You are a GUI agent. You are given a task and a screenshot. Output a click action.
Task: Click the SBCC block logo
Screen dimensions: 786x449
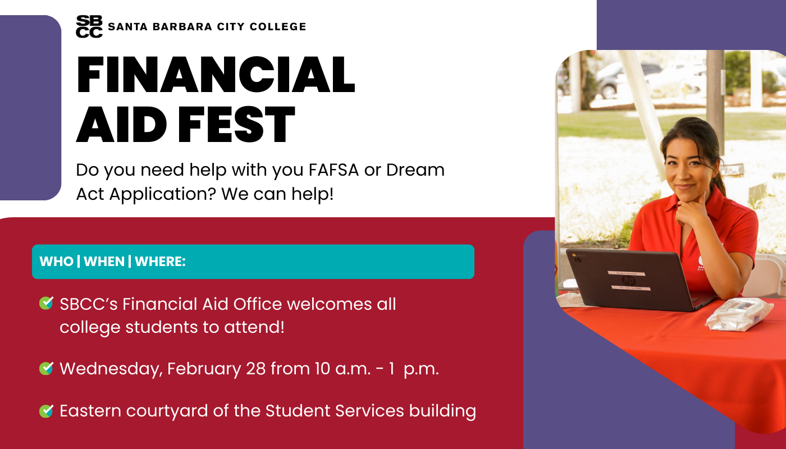[x=89, y=26]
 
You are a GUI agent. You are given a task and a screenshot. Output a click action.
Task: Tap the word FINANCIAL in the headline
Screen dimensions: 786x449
[x=216, y=75]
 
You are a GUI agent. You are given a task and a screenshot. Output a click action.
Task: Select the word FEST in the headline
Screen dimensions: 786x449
[x=236, y=125]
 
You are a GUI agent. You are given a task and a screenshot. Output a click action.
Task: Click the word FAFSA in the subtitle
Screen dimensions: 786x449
[x=333, y=169]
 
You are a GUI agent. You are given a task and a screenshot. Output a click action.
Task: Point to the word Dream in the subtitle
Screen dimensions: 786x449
[x=415, y=169]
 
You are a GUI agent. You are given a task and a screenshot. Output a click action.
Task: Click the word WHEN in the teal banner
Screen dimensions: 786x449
[x=104, y=262]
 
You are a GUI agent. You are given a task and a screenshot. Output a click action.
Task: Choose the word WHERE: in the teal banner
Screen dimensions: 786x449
[x=160, y=262]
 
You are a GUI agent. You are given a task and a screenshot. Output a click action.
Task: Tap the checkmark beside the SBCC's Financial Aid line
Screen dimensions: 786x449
[x=46, y=303]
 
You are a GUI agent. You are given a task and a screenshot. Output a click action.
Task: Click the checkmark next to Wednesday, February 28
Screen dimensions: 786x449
[x=46, y=368]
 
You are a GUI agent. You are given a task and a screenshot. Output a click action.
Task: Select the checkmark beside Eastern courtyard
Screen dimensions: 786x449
[x=46, y=411]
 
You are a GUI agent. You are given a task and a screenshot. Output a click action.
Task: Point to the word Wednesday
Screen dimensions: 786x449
[x=111, y=369]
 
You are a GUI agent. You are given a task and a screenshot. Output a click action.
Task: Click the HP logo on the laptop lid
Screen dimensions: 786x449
[x=628, y=280]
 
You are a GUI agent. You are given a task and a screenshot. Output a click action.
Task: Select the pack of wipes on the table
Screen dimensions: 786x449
[x=739, y=315]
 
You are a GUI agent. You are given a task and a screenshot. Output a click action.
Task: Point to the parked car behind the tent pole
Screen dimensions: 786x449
[x=628, y=80]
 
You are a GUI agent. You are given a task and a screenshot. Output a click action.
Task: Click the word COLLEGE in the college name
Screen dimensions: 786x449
[x=278, y=27]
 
